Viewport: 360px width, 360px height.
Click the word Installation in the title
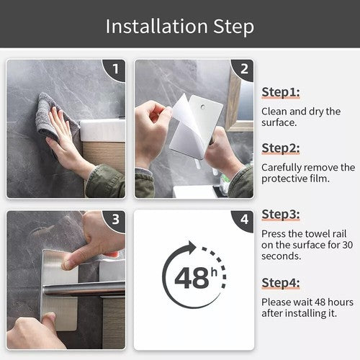157,26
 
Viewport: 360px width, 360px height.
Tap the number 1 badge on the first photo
116,69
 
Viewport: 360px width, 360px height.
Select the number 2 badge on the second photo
244,69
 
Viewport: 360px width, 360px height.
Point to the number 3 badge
116,219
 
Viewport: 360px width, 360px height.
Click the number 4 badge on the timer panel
244,219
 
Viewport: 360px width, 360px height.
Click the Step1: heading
281,92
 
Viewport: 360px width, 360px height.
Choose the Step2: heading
281,148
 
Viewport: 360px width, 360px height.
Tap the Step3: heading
281,215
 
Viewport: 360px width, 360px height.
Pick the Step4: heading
281,283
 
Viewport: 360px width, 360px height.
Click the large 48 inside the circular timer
192,278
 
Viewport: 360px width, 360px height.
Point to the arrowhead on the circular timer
192,248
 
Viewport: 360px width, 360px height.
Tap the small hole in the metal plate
203,107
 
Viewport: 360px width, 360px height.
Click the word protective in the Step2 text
286,179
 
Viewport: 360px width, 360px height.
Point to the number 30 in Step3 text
348,245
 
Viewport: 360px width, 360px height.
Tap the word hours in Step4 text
341,302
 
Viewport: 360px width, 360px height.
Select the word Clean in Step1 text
274,112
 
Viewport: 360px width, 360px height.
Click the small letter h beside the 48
214,272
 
